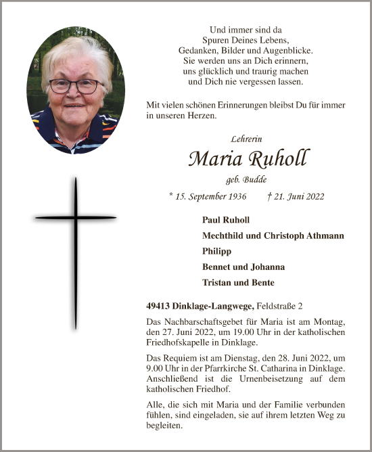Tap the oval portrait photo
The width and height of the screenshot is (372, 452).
click(76, 90)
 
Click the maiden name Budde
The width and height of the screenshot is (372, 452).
click(254, 180)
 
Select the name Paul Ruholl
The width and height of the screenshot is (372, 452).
click(226, 220)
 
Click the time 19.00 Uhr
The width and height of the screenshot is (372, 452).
click(258, 332)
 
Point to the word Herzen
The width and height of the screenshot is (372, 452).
click(220, 116)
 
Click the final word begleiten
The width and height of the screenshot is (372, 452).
click(164, 426)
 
